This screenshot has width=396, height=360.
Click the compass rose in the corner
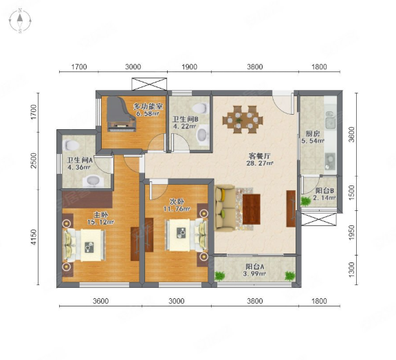[20, 21]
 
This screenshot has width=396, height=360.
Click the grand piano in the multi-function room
[121, 114]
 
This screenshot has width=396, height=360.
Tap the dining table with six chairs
[243, 120]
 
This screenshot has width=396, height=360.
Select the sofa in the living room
[224, 208]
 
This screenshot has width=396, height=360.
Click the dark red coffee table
[252, 209]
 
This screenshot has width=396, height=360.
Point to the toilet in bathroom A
[71, 145]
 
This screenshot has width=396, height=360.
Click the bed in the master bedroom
[84, 245]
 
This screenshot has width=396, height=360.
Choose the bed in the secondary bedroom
[186, 235]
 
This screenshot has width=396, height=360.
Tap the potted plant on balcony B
[305, 201]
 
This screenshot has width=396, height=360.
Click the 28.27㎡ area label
[260, 163]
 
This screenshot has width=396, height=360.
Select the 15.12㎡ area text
[100, 222]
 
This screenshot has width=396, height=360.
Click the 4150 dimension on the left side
[34, 237]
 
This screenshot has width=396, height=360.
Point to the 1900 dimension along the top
[190, 67]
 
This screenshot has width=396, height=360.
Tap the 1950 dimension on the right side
[351, 233]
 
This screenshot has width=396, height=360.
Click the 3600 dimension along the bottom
[101, 301]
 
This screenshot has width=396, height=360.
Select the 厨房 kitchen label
[313, 134]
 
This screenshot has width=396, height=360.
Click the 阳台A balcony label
[255, 267]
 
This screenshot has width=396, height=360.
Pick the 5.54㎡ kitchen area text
[313, 141]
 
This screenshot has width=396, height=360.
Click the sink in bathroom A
[93, 181]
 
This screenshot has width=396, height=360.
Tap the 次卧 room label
[177, 202]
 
